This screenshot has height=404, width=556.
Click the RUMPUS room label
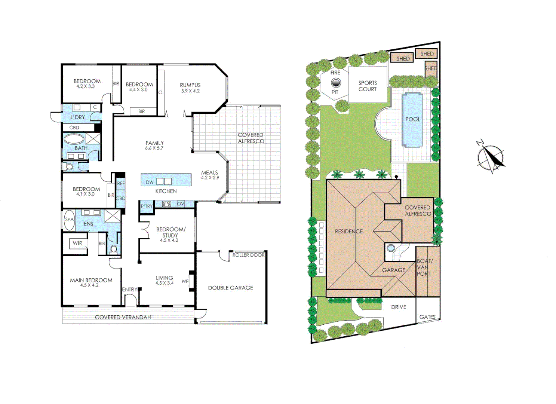(190, 85)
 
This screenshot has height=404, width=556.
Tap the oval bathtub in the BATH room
(74, 139)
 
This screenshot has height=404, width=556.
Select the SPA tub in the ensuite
(70, 220)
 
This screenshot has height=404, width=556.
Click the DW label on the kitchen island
(150, 182)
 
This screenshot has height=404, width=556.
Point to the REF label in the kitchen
(121, 184)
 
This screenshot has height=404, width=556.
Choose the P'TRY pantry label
(147, 206)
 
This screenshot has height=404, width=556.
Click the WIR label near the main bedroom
(77, 243)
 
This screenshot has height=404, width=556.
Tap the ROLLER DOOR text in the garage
(248, 255)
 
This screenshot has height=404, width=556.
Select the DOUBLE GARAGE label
(230, 288)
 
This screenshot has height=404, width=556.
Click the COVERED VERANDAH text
(123, 317)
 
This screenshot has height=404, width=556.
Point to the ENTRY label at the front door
(129, 290)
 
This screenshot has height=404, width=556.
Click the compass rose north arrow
(491, 157)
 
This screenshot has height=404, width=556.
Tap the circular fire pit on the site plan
(336, 83)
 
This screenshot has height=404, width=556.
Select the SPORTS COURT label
(368, 86)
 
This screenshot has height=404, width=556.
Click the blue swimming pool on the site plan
(412, 119)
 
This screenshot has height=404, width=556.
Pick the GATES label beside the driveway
(427, 317)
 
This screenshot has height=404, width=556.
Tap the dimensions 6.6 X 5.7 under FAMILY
(154, 148)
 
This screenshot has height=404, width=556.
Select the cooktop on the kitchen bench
(166, 204)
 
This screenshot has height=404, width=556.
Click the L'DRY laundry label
(78, 117)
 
